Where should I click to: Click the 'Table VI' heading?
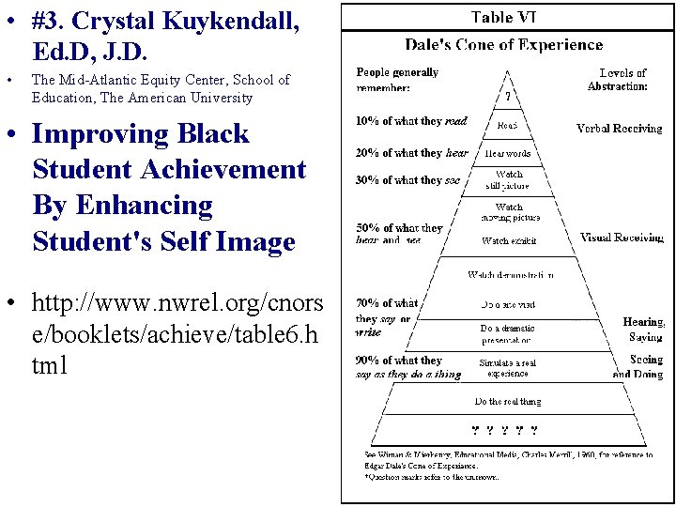[503, 17]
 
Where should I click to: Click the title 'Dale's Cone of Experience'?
[503, 44]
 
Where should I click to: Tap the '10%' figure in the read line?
[367, 121]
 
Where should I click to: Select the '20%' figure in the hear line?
[367, 153]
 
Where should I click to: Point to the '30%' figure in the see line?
[367, 180]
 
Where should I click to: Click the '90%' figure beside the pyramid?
[367, 361]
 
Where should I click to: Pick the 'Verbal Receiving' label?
[619, 129]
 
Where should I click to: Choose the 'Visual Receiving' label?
[622, 238]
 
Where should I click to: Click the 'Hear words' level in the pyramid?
[508, 153]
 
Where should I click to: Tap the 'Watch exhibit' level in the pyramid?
[508, 241]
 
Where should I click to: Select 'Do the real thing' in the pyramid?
[508, 402]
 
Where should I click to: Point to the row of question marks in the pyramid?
[505, 431]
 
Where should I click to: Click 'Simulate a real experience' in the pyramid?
[508, 367]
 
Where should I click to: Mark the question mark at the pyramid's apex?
[508, 96]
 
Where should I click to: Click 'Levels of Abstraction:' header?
[619, 79]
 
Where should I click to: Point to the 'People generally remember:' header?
[397, 80]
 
